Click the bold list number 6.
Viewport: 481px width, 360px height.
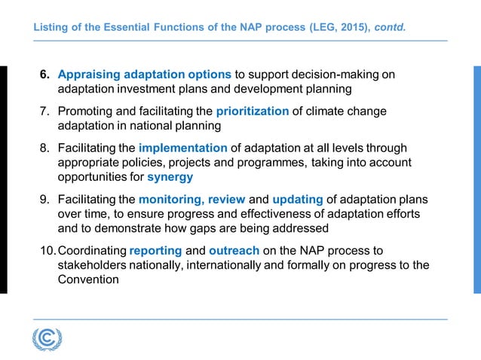pos(44,75)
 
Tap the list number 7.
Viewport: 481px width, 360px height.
pos(44,111)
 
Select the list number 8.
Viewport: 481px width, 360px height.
pos(44,148)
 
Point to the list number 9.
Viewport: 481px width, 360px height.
pos(44,199)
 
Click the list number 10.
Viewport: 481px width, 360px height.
pos(47,250)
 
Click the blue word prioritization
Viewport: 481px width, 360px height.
pos(252,111)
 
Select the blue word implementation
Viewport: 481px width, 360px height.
pos(182,148)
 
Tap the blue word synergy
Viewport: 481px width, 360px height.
pos(170,177)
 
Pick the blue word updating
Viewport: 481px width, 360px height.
pos(298,199)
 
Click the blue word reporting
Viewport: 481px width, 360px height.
pos(155,250)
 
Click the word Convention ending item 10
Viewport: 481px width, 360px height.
pos(88,279)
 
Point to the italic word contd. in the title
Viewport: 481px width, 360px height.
pos(390,28)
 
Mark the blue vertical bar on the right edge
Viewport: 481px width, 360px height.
pos(476,179)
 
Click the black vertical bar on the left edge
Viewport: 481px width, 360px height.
pos(3,179)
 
